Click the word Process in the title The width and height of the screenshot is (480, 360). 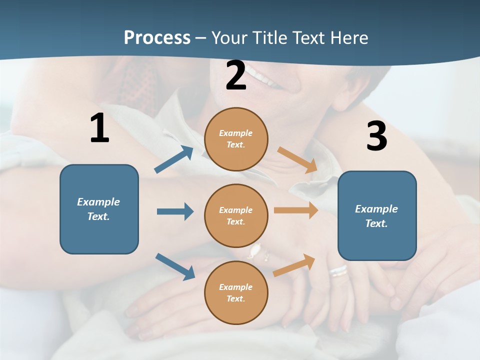tap(157, 38)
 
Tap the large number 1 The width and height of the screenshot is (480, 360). tap(99, 128)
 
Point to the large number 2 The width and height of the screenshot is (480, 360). tap(236, 76)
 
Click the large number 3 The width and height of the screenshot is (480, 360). tap(376, 136)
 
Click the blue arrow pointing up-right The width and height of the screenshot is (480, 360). tap(174, 159)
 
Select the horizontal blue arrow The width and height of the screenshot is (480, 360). tap(175, 211)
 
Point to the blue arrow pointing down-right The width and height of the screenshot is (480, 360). tap(175, 266)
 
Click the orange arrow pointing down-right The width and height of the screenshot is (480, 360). tap(297, 160)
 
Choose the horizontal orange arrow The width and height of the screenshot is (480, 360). tap(296, 210)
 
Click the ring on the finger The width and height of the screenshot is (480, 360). tap(338, 271)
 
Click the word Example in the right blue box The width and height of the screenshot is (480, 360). tap(376, 209)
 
